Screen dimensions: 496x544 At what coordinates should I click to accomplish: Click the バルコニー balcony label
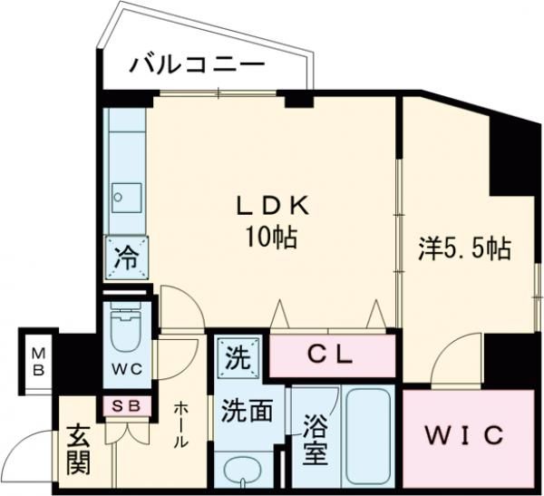point(197,65)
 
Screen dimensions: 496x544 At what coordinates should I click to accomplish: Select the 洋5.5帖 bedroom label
point(463,248)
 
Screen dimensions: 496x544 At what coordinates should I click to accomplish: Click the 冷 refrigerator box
point(127,257)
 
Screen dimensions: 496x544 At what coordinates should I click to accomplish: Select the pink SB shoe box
point(128,405)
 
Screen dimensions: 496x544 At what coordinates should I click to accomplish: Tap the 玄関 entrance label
point(79,451)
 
